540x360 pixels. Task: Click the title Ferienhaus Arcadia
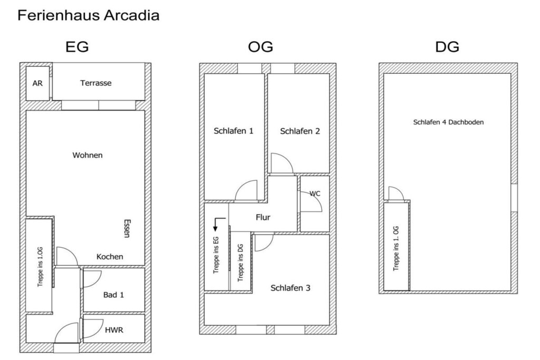[x=88, y=15]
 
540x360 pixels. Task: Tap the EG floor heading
[x=77, y=47]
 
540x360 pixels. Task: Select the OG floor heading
[x=261, y=47]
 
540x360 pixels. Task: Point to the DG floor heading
[x=447, y=47]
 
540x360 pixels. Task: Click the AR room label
[x=37, y=83]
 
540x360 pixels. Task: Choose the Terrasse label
[x=96, y=83]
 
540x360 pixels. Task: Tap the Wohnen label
[x=88, y=155]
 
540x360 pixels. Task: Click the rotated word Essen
[x=127, y=228]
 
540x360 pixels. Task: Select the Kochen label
[x=110, y=257]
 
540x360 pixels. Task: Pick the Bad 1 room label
[x=113, y=295]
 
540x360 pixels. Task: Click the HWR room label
[x=114, y=330]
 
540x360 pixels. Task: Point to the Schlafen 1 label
[x=234, y=131]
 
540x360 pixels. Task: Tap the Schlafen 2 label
[x=300, y=131]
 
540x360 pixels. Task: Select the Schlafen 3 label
[x=291, y=288]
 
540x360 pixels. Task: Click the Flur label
[x=263, y=218]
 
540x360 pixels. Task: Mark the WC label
[x=315, y=194]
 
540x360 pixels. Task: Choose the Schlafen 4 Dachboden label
[x=448, y=122]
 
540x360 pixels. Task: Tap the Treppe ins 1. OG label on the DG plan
[x=396, y=248]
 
